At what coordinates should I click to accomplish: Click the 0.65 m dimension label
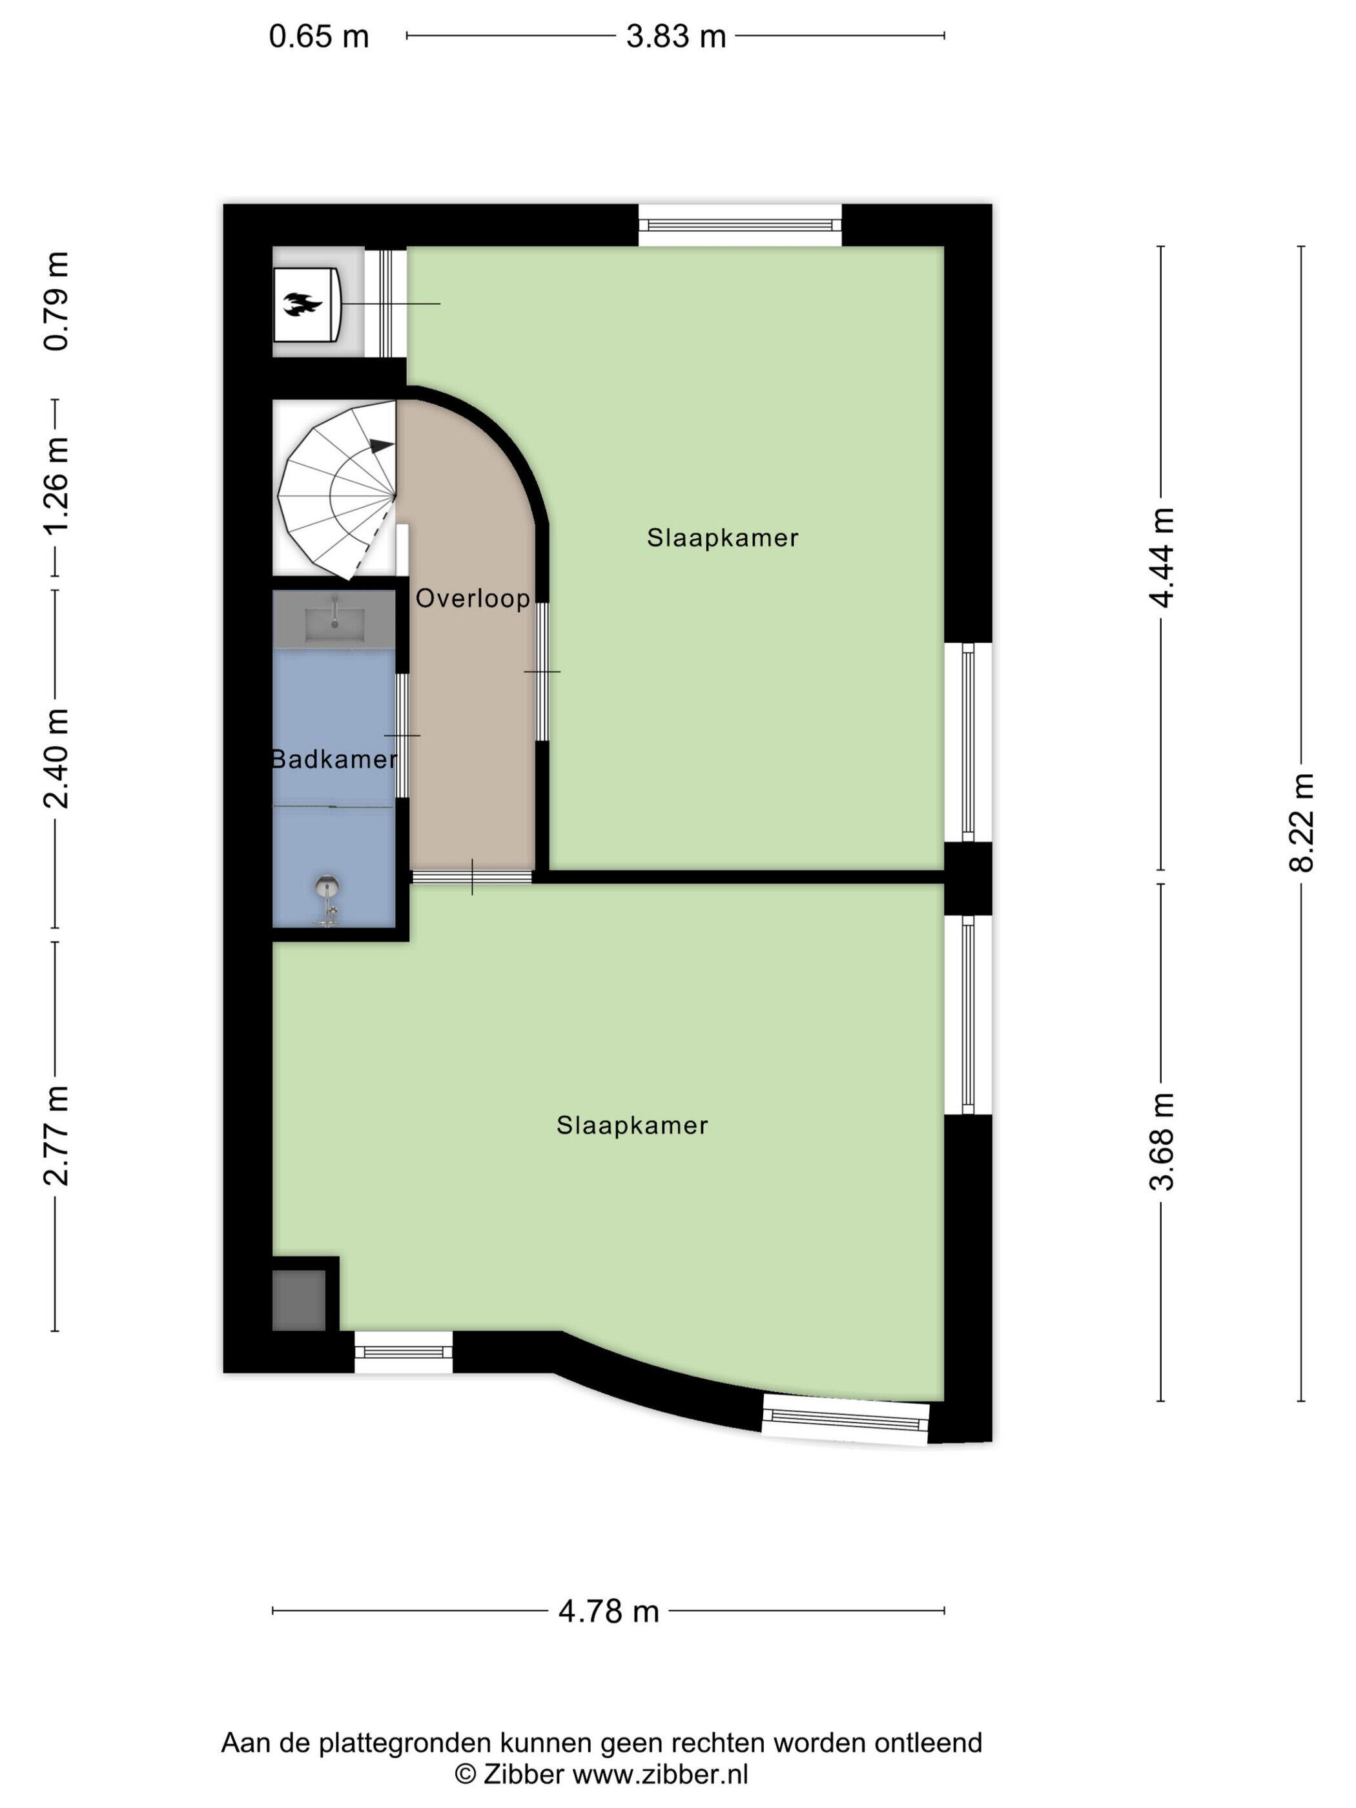pos(319,37)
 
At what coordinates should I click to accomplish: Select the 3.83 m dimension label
pos(676,37)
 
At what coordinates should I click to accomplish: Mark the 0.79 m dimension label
pos(56,302)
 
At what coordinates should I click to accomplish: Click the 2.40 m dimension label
pos(56,759)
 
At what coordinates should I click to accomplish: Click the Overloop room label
pos(473,599)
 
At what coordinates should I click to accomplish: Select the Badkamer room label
pos(334,759)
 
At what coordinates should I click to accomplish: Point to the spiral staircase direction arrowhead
pos(382,446)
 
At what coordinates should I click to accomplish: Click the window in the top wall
pos(740,225)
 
